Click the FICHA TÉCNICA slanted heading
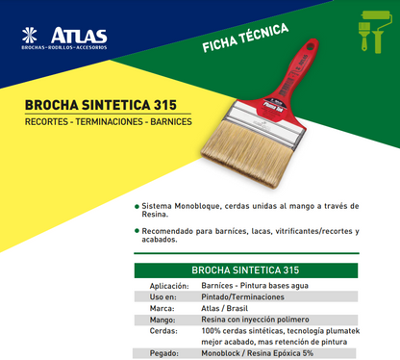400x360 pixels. click(245, 37)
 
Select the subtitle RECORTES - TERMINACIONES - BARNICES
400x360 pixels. click(94, 125)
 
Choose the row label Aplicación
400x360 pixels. click(169, 287)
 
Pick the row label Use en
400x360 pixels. click(173, 297)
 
